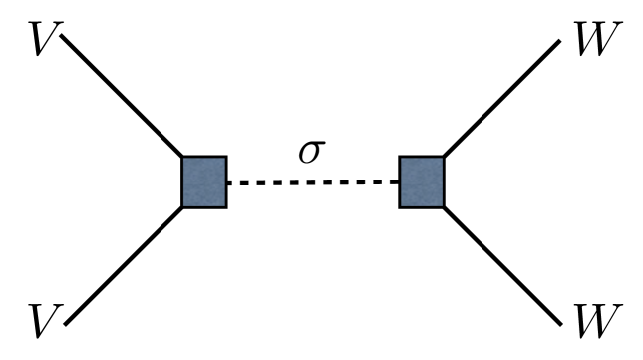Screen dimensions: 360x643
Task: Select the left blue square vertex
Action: [x=204, y=181]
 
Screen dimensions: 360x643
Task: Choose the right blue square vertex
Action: [x=421, y=181]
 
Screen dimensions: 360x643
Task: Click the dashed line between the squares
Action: [x=313, y=183]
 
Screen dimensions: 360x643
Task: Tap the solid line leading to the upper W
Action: [x=503, y=98]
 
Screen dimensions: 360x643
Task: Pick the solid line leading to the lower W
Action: [x=503, y=265]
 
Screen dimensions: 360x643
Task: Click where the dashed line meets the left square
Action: [x=228, y=183]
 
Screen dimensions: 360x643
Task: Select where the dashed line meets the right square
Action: [x=399, y=183]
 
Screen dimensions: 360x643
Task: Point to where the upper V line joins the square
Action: [x=183, y=158]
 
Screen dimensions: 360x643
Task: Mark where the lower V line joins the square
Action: [x=183, y=206]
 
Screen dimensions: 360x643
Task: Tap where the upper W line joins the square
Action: [x=443, y=158]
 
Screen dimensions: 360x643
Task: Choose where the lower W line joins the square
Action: [x=443, y=205]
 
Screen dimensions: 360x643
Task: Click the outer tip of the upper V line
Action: [x=62, y=37]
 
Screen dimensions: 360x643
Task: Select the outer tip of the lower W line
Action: [x=564, y=325]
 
